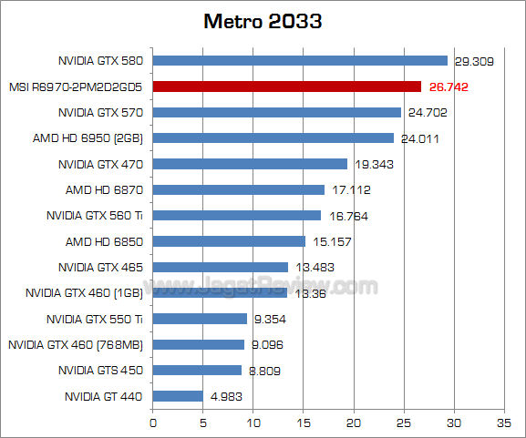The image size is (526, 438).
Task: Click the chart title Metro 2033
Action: pyautogui.click(x=263, y=21)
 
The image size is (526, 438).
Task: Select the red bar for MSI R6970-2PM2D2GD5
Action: pyautogui.click(x=287, y=87)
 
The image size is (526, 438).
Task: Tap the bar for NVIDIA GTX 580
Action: pyautogui.click(x=300, y=61)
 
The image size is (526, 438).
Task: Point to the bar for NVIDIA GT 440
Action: pyautogui.click(x=178, y=396)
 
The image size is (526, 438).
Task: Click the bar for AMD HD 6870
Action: pyautogui.click(x=239, y=189)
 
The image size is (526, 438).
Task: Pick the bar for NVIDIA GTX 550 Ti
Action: pyautogui.click(x=200, y=319)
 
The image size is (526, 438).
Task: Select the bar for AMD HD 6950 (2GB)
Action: pyautogui.click(x=273, y=138)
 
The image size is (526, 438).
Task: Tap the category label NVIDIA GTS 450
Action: pyautogui.click(x=101, y=371)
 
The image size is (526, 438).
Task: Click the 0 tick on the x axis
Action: pyautogui.click(x=152, y=423)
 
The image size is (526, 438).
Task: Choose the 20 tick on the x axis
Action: pyautogui.click(x=353, y=423)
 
